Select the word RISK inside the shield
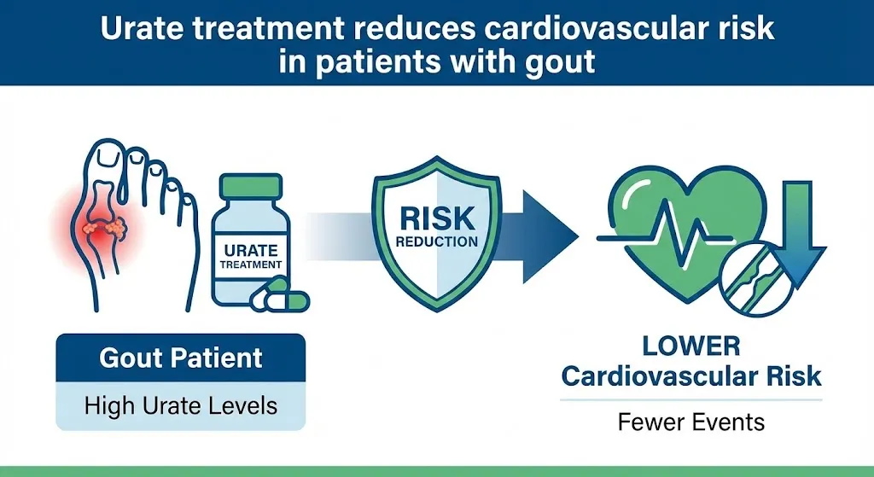[x=438, y=219]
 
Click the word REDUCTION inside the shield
[x=438, y=242]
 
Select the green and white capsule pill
[x=279, y=298]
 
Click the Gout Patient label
[x=181, y=358]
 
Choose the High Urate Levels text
[x=181, y=405]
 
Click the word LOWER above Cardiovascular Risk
[x=690, y=346]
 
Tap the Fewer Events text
[x=690, y=422]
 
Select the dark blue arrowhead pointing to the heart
[x=549, y=238]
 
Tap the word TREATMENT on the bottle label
[x=250, y=265]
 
